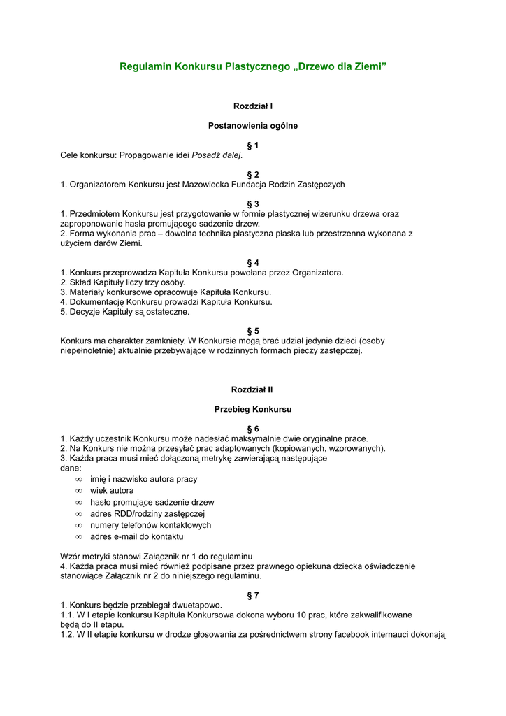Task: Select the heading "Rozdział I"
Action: [x=253, y=106]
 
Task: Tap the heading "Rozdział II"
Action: [x=253, y=389]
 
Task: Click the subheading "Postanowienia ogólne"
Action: [x=253, y=126]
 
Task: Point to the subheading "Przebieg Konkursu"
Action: [x=253, y=408]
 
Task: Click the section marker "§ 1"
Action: [x=253, y=145]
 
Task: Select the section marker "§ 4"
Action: [x=253, y=263]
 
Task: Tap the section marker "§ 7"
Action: [x=253, y=595]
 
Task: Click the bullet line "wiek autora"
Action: [x=112, y=491]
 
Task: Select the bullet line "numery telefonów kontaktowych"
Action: [x=150, y=525]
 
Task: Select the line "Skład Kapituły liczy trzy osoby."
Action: [x=127, y=282]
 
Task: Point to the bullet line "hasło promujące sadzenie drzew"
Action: [x=152, y=502]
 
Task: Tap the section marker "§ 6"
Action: [x=253, y=428]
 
